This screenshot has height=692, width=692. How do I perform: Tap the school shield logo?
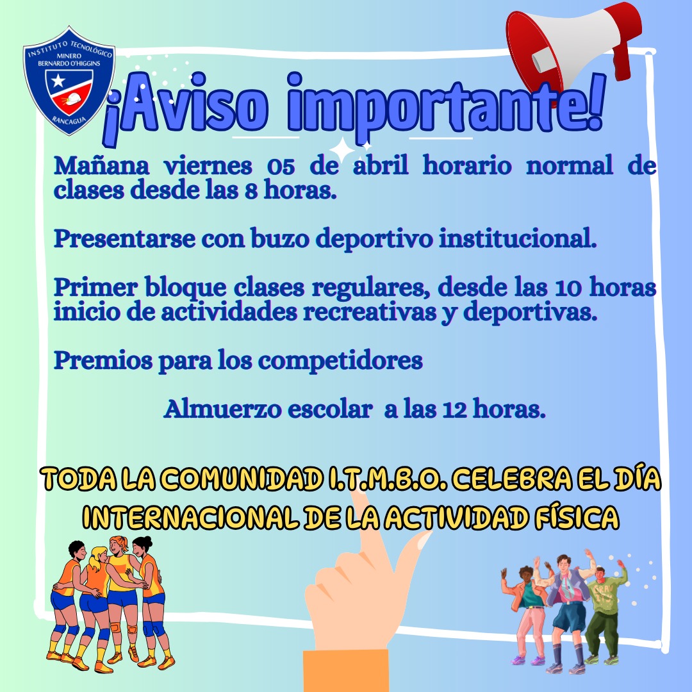point(69,80)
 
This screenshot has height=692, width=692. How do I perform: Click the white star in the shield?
point(58,81)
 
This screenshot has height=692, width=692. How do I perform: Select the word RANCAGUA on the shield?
point(69,120)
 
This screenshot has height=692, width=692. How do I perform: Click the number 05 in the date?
point(281,167)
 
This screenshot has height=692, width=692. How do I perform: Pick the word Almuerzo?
point(222,409)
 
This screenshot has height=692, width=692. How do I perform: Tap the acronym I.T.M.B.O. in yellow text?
point(388,479)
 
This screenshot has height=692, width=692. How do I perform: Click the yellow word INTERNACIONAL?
point(191,518)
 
